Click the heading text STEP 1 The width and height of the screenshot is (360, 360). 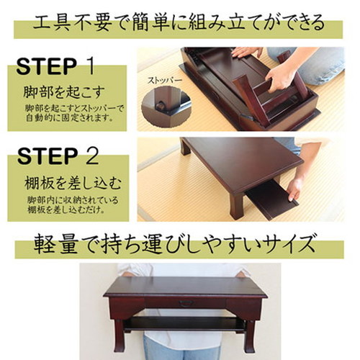[55, 66]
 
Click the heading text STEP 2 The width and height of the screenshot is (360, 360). [58, 156]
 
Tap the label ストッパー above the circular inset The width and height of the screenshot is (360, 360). [164, 81]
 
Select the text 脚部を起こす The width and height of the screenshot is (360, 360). [64, 92]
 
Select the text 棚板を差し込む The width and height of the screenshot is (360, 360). [73, 184]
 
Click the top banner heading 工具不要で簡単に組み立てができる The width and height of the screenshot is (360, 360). [179, 23]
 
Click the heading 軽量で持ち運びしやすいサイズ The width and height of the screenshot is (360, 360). [174, 243]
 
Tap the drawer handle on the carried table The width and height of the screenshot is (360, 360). [186, 303]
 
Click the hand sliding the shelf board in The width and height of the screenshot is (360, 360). [294, 189]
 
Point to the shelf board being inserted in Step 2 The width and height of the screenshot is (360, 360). [271, 199]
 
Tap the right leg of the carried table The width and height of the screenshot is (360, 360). [250, 336]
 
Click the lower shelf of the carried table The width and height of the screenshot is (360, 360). [185, 323]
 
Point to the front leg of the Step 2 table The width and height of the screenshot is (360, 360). [237, 206]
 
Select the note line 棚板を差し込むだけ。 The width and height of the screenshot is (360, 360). [66, 210]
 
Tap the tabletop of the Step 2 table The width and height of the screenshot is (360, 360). [243, 163]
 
